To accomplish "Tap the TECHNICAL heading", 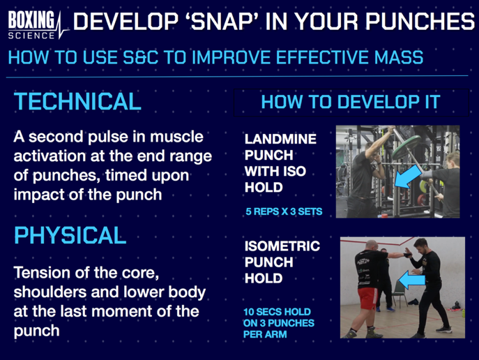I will (x=77, y=101).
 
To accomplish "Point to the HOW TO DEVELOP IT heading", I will (x=350, y=102).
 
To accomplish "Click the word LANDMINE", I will (x=280, y=139).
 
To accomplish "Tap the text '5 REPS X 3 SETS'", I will (x=283, y=211).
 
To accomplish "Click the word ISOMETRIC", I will (x=282, y=246).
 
